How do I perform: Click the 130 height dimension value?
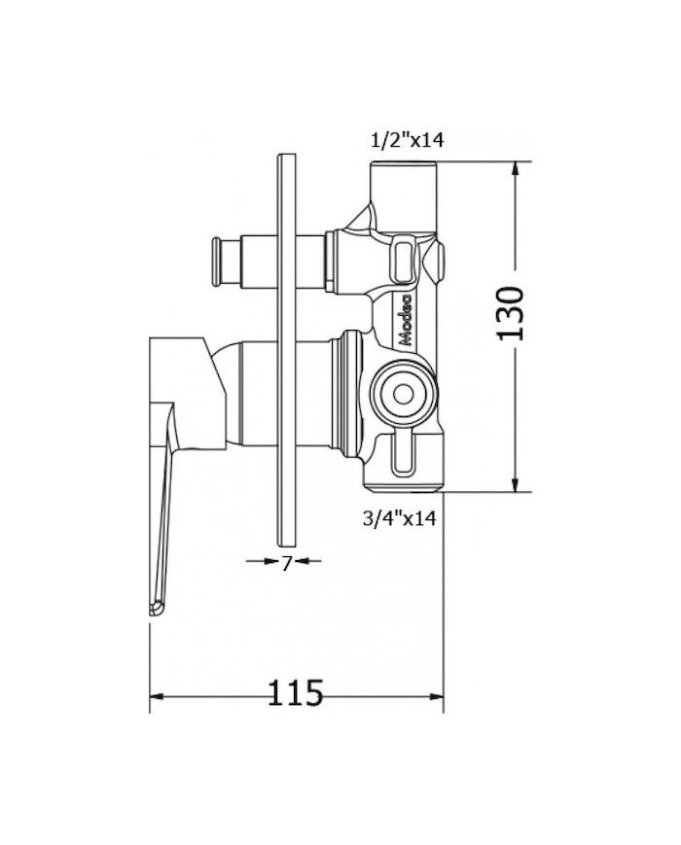(x=512, y=313)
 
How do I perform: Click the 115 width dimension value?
(x=295, y=694)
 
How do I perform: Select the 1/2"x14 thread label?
(x=407, y=140)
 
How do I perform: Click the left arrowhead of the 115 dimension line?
(x=156, y=697)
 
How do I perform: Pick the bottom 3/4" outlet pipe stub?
(x=404, y=476)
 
